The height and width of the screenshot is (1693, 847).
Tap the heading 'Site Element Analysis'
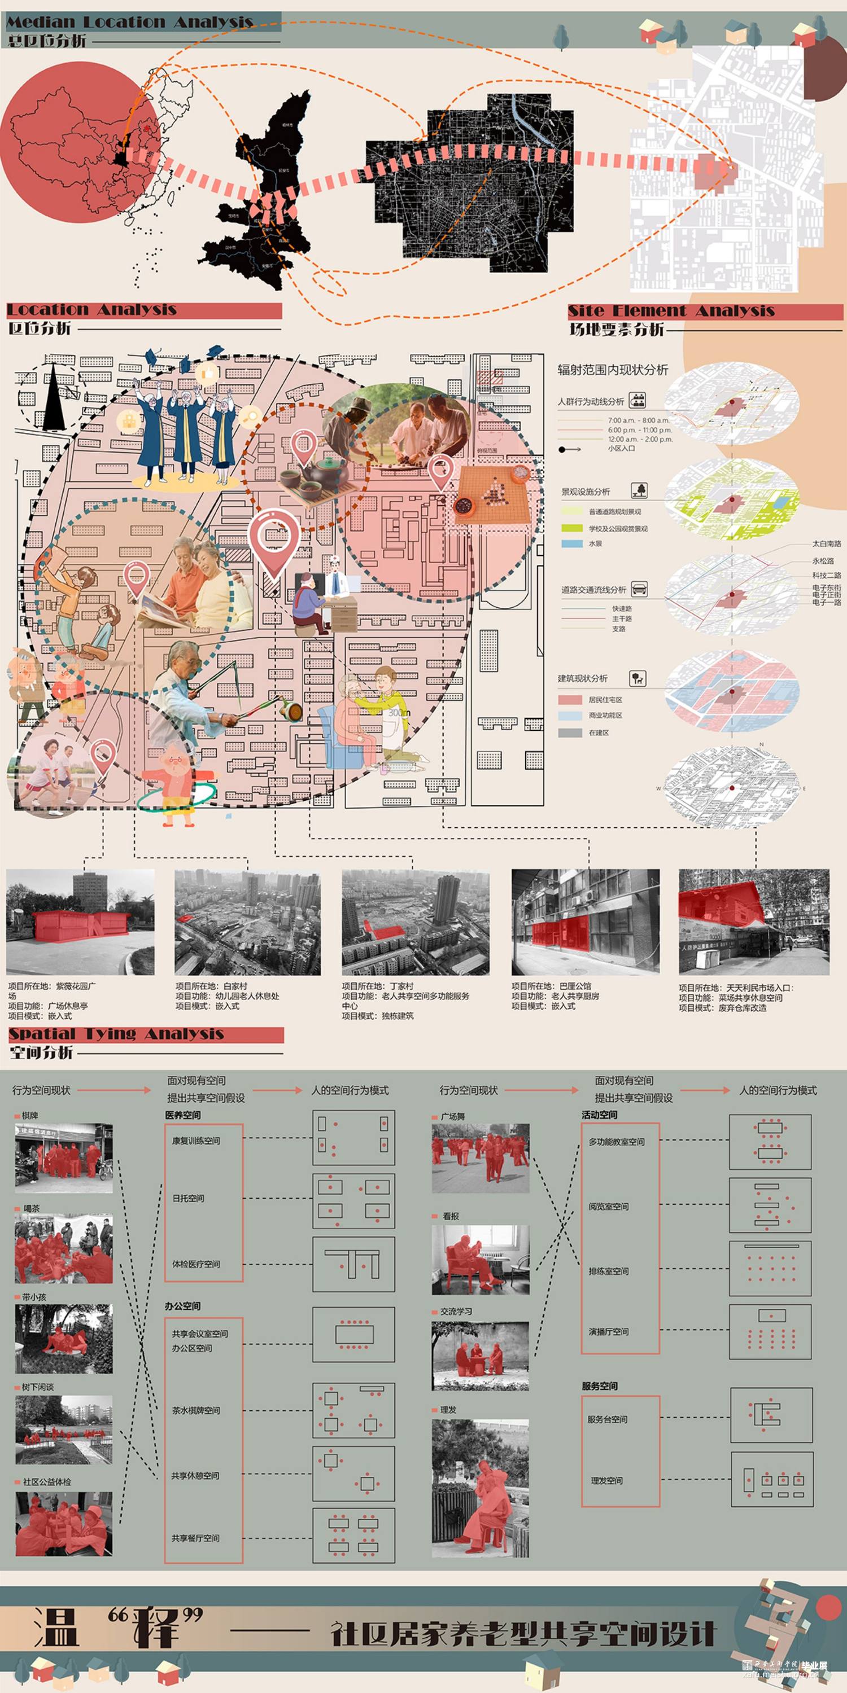point(671,311)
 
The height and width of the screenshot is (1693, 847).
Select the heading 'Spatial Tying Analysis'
point(116,1034)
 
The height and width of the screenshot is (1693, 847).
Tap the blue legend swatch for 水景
point(572,543)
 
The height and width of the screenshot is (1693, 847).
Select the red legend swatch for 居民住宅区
point(570,700)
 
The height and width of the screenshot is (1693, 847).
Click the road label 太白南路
point(826,544)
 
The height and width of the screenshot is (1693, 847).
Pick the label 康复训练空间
point(196,1141)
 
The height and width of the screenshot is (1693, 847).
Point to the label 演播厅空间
point(608,1331)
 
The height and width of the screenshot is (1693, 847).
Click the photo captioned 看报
point(480,1260)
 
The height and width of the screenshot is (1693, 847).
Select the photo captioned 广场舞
point(480,1159)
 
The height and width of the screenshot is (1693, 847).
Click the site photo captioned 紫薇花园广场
point(80,922)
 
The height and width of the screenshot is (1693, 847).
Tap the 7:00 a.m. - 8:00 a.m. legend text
point(638,420)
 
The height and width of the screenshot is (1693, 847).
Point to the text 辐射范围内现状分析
point(612,370)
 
